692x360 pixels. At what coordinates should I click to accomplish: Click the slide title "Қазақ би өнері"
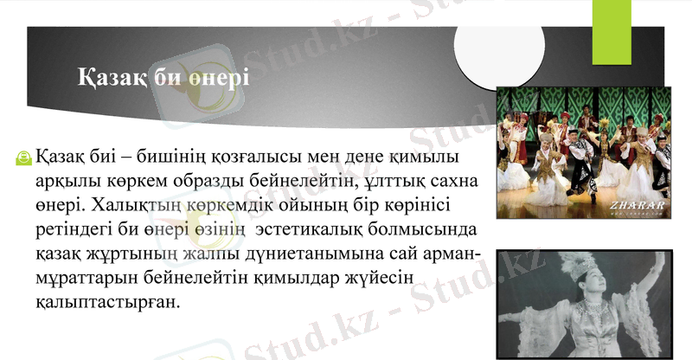pos(163,78)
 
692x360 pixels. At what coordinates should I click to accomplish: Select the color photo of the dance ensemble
pos(584,152)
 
